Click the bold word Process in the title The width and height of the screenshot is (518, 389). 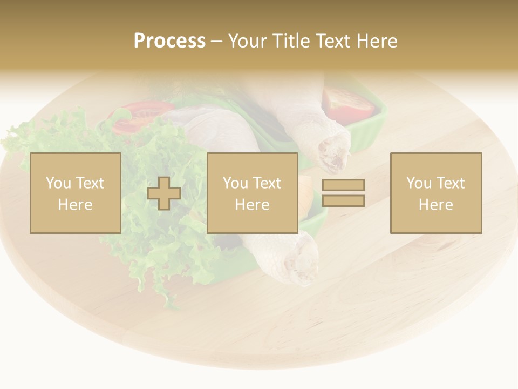coord(169,41)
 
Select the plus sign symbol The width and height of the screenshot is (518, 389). coord(164,193)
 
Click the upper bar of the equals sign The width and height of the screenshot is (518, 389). coord(343,185)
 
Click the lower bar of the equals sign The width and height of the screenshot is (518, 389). coord(343,201)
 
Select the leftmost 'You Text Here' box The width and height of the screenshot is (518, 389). coord(75,193)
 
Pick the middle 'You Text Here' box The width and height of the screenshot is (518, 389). coord(252,193)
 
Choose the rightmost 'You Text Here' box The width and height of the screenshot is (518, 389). coord(435,193)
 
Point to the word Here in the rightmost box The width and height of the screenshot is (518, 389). coord(435,204)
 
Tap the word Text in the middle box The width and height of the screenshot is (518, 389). coord(267,183)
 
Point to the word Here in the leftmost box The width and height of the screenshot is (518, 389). coord(75,204)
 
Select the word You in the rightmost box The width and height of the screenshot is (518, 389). coord(418,183)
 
